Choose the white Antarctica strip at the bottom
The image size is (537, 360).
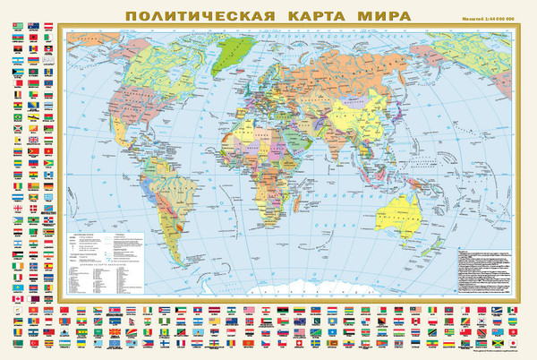pyautogui.click(x=268, y=289)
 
